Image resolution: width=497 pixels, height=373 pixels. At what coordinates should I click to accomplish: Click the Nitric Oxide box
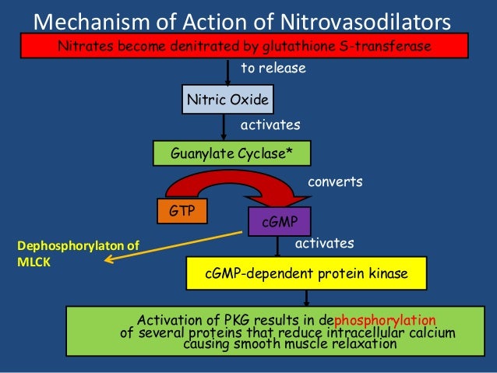click(227, 100)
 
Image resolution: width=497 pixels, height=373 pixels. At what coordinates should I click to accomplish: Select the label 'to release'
click(273, 69)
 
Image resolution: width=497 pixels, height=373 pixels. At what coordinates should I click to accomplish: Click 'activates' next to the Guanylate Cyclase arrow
click(270, 124)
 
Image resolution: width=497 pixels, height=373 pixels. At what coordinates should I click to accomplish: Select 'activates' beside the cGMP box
click(323, 244)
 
